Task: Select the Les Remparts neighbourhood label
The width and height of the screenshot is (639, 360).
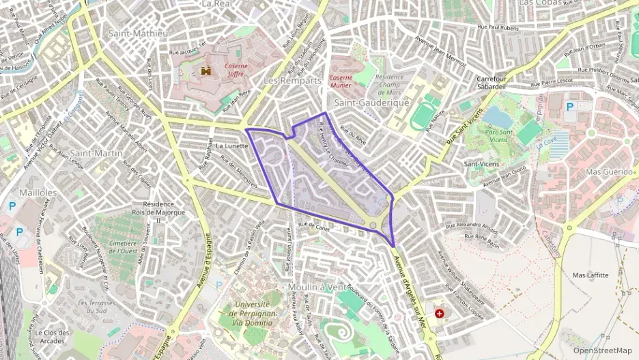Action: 292,81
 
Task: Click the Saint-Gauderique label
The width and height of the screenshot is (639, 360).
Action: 371,102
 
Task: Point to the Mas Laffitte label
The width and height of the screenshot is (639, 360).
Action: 590,275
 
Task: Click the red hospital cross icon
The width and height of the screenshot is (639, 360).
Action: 439,313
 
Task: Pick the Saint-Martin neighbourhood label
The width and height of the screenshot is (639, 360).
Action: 96,153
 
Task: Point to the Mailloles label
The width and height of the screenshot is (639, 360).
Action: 38,193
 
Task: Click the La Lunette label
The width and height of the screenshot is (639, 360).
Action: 231,146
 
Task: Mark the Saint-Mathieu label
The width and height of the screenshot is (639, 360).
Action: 139,33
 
